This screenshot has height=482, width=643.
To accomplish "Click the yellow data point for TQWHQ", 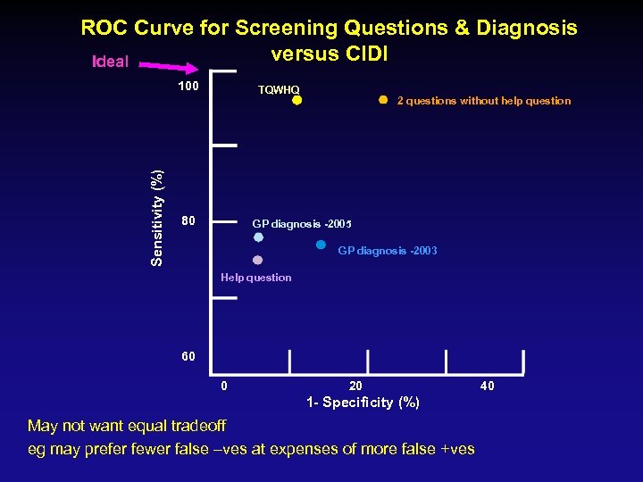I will (x=297, y=101).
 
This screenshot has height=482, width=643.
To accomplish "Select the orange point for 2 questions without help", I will (x=382, y=100).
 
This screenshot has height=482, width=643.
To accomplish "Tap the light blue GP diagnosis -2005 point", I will (x=258, y=238).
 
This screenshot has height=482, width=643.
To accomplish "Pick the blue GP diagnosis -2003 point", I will (x=321, y=244).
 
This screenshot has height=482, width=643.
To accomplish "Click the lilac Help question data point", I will (x=257, y=261).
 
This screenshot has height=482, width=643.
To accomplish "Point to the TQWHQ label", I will (x=279, y=89).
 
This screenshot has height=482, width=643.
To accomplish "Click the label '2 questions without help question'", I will (x=483, y=101).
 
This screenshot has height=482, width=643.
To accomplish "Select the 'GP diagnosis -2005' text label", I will (x=302, y=222).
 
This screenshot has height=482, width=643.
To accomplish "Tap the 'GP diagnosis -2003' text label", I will (x=388, y=252).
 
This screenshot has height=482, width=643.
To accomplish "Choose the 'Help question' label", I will (x=255, y=278).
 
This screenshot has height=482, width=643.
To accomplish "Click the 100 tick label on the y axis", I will (x=188, y=87).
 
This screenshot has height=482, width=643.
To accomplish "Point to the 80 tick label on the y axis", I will (x=188, y=220).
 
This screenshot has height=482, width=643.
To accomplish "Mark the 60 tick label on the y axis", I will (x=188, y=356).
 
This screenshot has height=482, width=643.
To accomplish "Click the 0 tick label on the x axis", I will (x=223, y=386).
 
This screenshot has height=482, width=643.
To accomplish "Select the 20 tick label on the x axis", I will (x=355, y=386).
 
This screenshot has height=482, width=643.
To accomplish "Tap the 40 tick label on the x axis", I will (x=487, y=386).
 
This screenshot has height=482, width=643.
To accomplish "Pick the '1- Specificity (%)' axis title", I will (x=363, y=403).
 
